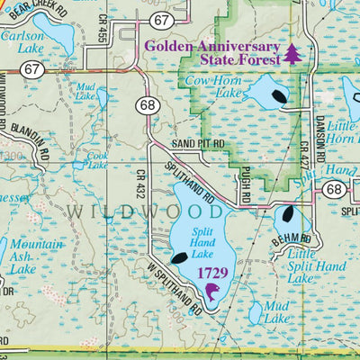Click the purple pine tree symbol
coord(292,52)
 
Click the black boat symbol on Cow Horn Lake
coord(275,94)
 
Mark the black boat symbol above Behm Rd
coord(288,214)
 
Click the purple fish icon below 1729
coord(212,291)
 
